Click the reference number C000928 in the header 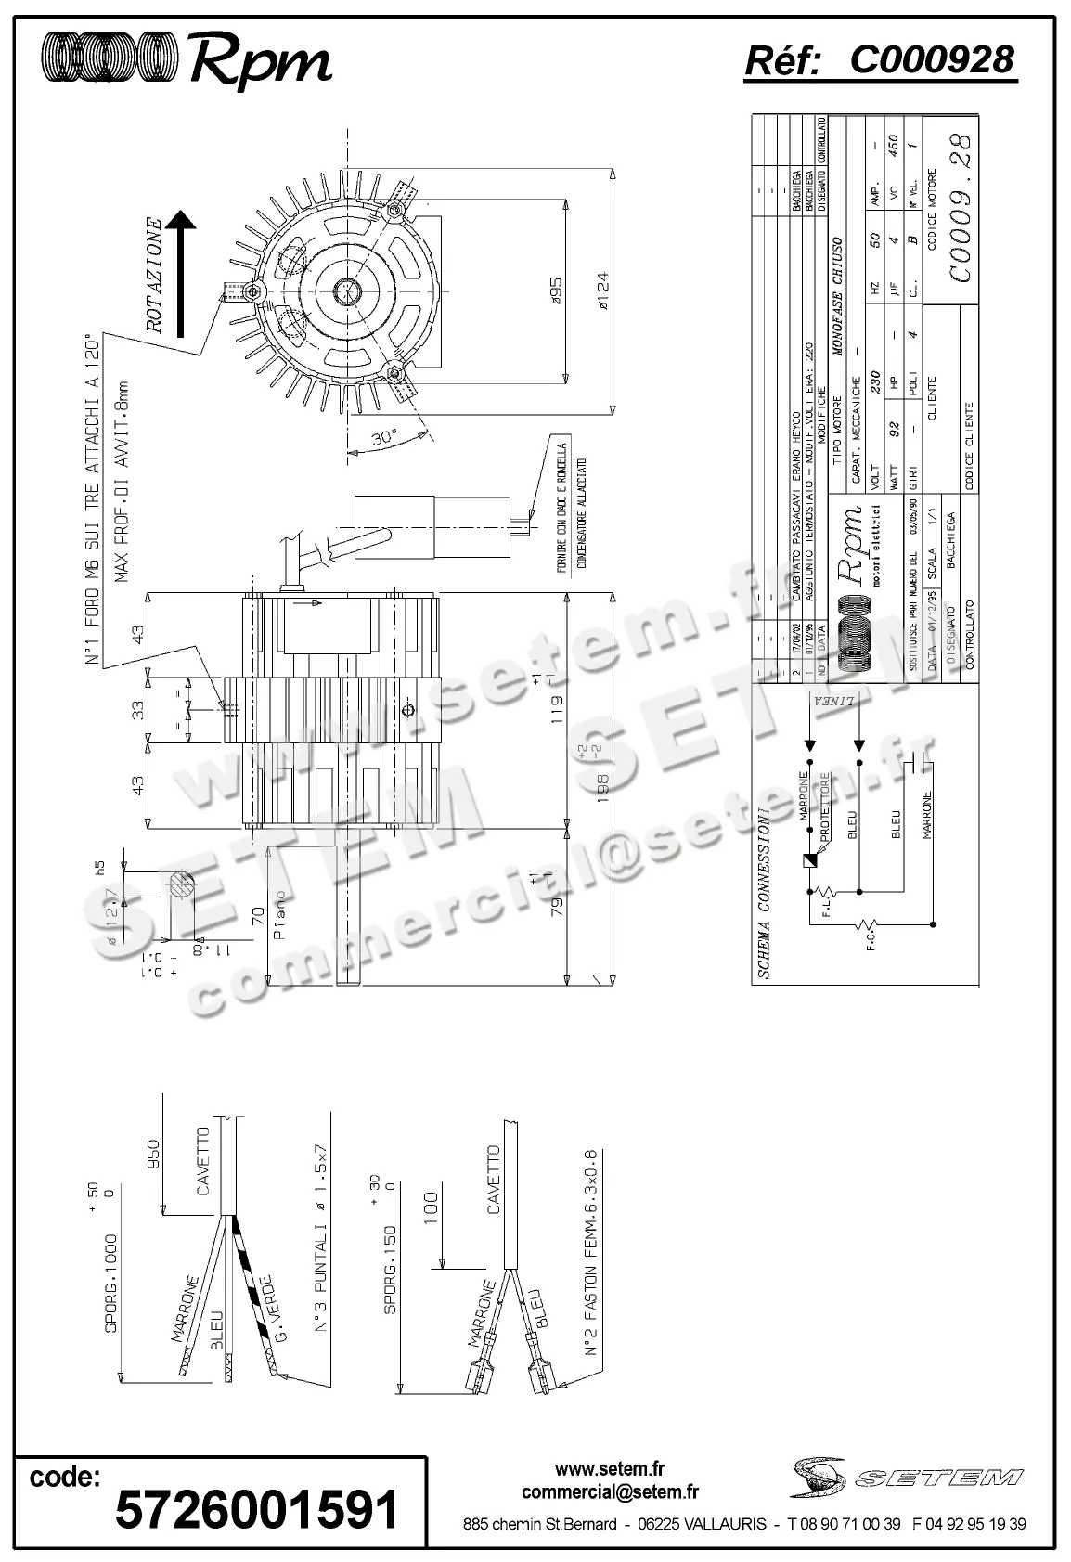pyautogui.click(x=931, y=60)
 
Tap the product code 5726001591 pyautogui.click(x=256, y=1509)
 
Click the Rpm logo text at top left pyautogui.click(x=260, y=61)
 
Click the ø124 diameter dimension pyautogui.click(x=601, y=290)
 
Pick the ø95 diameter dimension pyautogui.click(x=555, y=289)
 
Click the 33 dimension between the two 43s pyautogui.click(x=137, y=712)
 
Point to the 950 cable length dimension pyautogui.click(x=155, y=1155)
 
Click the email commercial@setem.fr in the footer pyautogui.click(x=610, y=1492)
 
